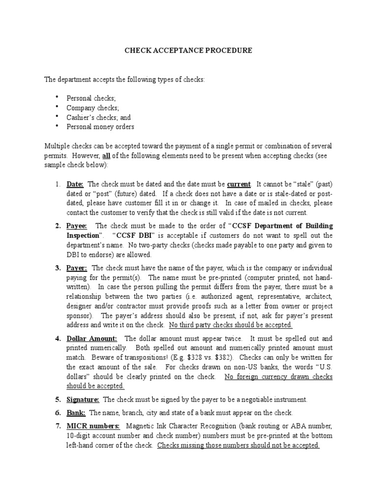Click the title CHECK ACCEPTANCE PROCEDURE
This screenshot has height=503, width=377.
pos(188,51)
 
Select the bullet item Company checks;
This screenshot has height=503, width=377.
pos(93,108)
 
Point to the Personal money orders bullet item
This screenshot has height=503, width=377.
pos(101,127)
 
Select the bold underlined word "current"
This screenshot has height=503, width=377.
pos(239,184)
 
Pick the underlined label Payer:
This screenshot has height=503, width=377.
pos(77,268)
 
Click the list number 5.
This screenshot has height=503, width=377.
pos(57,400)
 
